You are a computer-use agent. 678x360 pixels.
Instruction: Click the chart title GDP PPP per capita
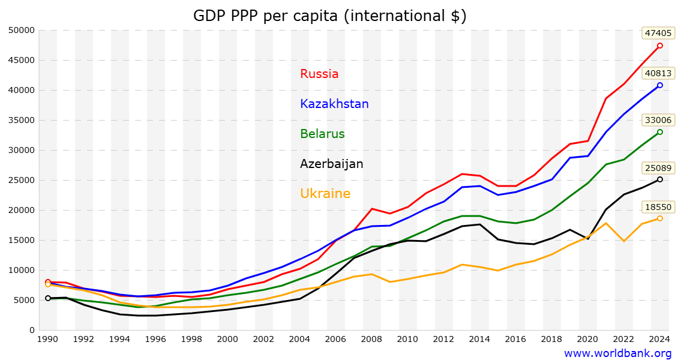tap(329, 16)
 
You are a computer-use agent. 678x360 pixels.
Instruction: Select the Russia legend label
tap(319, 74)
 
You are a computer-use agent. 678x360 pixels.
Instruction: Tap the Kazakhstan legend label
tap(334, 104)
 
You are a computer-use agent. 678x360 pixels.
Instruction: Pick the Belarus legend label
tap(322, 134)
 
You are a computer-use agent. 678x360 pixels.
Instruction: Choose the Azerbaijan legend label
tap(331, 164)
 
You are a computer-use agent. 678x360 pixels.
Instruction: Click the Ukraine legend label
tap(325, 194)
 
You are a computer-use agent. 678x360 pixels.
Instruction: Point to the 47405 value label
tap(658, 33)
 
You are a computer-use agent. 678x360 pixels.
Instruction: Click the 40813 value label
tap(658, 74)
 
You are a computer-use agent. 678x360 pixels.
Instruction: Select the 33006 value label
tap(658, 120)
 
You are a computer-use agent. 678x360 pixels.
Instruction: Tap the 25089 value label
tap(658, 167)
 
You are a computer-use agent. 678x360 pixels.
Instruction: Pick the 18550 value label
tap(658, 207)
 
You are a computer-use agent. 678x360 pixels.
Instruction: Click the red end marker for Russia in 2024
tap(659, 46)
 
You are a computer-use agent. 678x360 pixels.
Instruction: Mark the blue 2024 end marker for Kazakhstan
tap(659, 85)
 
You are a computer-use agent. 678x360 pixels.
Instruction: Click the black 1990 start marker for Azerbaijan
tap(48, 298)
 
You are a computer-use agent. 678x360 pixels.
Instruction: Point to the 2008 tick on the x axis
tap(371, 339)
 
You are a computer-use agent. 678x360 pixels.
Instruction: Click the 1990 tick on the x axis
tap(48, 339)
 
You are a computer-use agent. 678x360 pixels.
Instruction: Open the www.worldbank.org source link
tap(617, 353)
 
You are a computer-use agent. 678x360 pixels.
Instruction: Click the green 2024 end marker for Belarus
tap(659, 132)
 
